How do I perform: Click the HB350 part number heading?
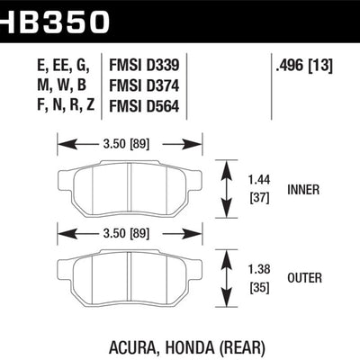[53, 21]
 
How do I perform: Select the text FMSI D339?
[144, 65]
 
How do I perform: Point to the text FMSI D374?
[144, 85]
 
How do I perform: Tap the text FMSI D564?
[144, 106]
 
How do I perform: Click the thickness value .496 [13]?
[304, 65]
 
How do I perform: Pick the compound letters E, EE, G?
[64, 66]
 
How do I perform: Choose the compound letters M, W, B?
[62, 85]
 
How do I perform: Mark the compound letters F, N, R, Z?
[66, 105]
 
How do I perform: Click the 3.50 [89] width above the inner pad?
[126, 144]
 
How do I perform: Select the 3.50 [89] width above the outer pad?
[126, 233]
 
